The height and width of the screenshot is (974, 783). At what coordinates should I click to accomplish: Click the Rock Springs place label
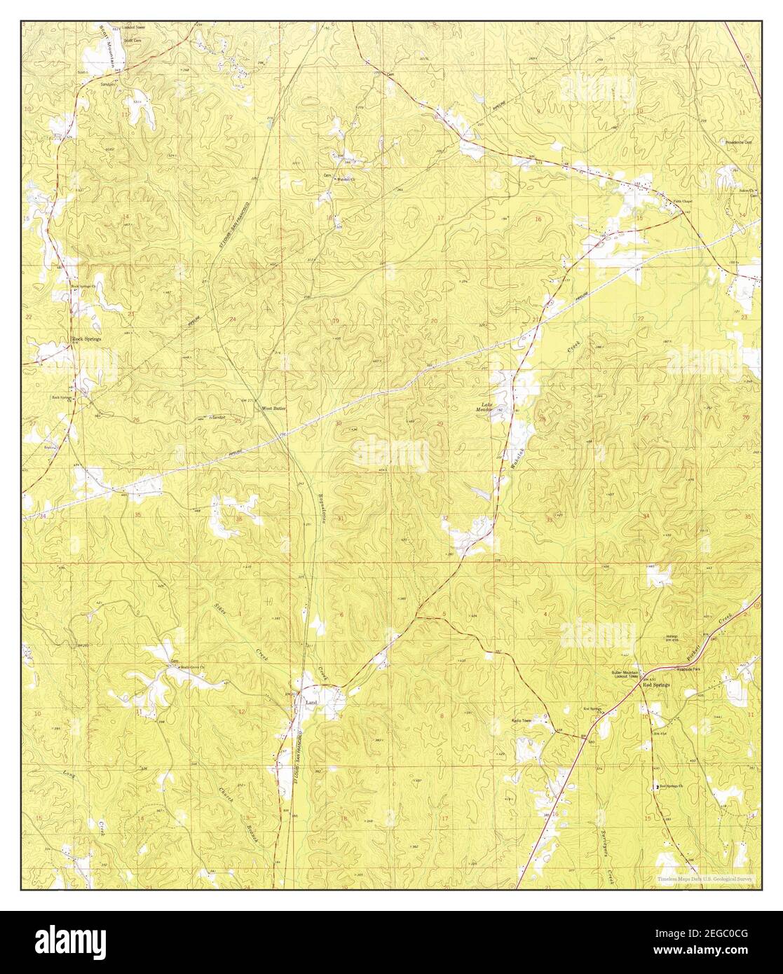[87, 338]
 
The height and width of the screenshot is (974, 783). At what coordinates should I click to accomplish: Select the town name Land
[310, 700]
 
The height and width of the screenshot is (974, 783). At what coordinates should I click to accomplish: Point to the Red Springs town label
[657, 685]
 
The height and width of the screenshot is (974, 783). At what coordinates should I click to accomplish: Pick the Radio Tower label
[522, 720]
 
